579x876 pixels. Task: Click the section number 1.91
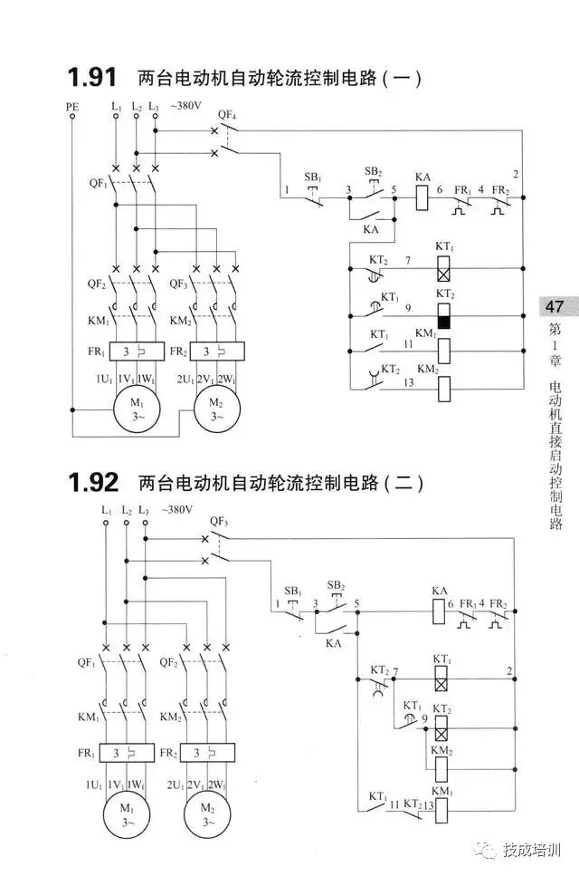click(x=95, y=78)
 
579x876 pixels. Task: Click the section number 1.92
click(x=95, y=482)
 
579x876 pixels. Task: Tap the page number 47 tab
click(x=554, y=307)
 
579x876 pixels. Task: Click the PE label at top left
click(x=72, y=107)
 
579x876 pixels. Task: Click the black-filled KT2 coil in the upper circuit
click(x=444, y=316)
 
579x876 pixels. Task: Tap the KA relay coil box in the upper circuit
click(x=422, y=197)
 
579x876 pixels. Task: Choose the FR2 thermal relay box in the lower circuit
click(x=207, y=753)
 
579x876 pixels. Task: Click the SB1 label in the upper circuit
click(x=312, y=176)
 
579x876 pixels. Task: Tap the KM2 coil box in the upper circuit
click(x=444, y=389)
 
